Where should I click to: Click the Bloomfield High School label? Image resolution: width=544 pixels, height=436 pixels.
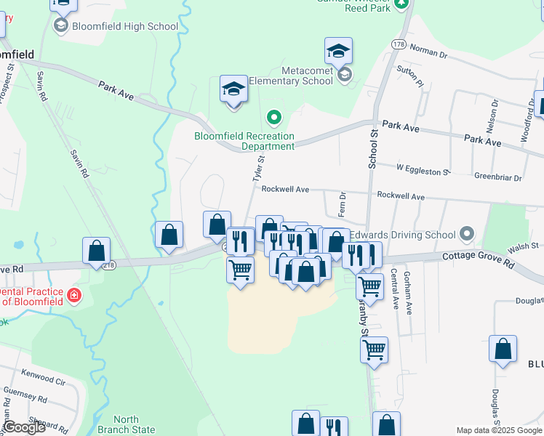(125, 27)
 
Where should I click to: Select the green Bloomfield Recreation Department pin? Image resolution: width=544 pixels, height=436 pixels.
(274, 116)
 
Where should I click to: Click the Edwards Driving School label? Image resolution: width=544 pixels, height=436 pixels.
(403, 235)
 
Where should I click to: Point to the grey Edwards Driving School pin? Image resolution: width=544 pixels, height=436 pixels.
(467, 235)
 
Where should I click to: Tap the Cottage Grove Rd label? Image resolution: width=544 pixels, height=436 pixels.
(479, 261)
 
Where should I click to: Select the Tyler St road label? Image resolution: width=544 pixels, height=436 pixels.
(257, 168)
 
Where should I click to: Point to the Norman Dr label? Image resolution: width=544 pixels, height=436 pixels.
(428, 51)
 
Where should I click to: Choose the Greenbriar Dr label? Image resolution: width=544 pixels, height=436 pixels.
(498, 177)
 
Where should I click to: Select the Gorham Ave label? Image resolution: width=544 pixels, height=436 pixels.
(408, 298)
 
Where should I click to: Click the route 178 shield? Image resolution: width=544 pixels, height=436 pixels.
(398, 45)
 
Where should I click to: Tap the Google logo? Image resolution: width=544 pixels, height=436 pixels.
(25, 427)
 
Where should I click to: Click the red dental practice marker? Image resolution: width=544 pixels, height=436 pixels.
(73, 295)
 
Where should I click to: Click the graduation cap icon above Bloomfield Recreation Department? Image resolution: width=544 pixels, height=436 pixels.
(233, 91)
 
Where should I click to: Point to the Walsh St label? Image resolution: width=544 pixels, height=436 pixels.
(523, 248)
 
